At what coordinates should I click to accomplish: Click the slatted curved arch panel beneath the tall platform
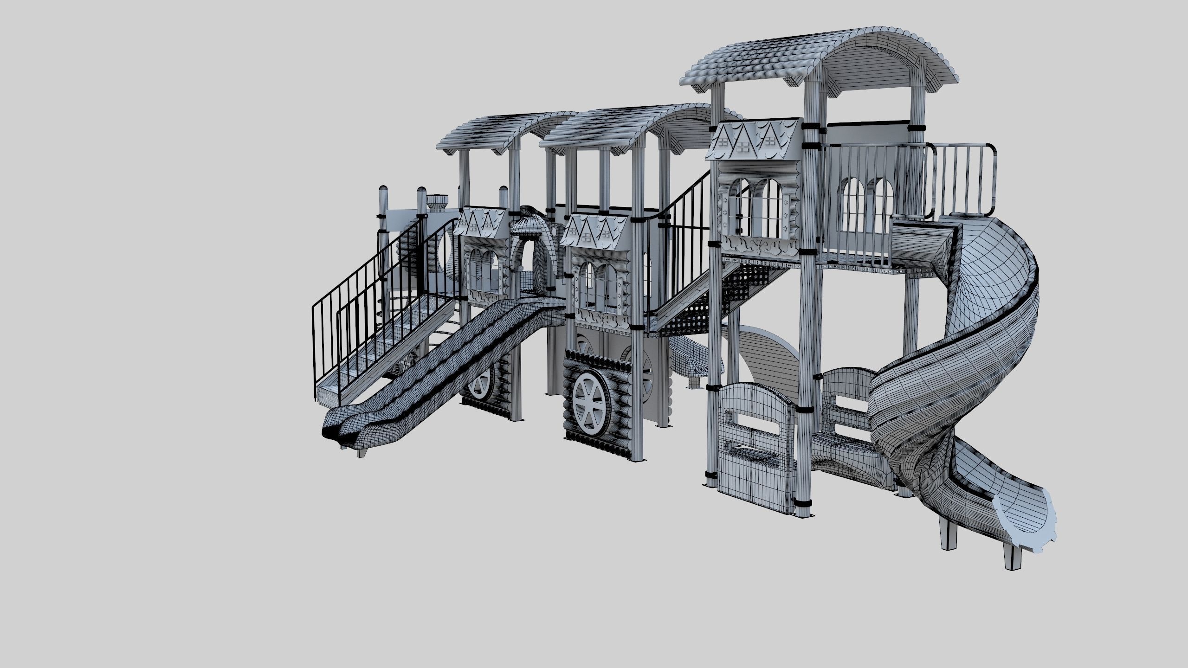click(768, 353)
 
